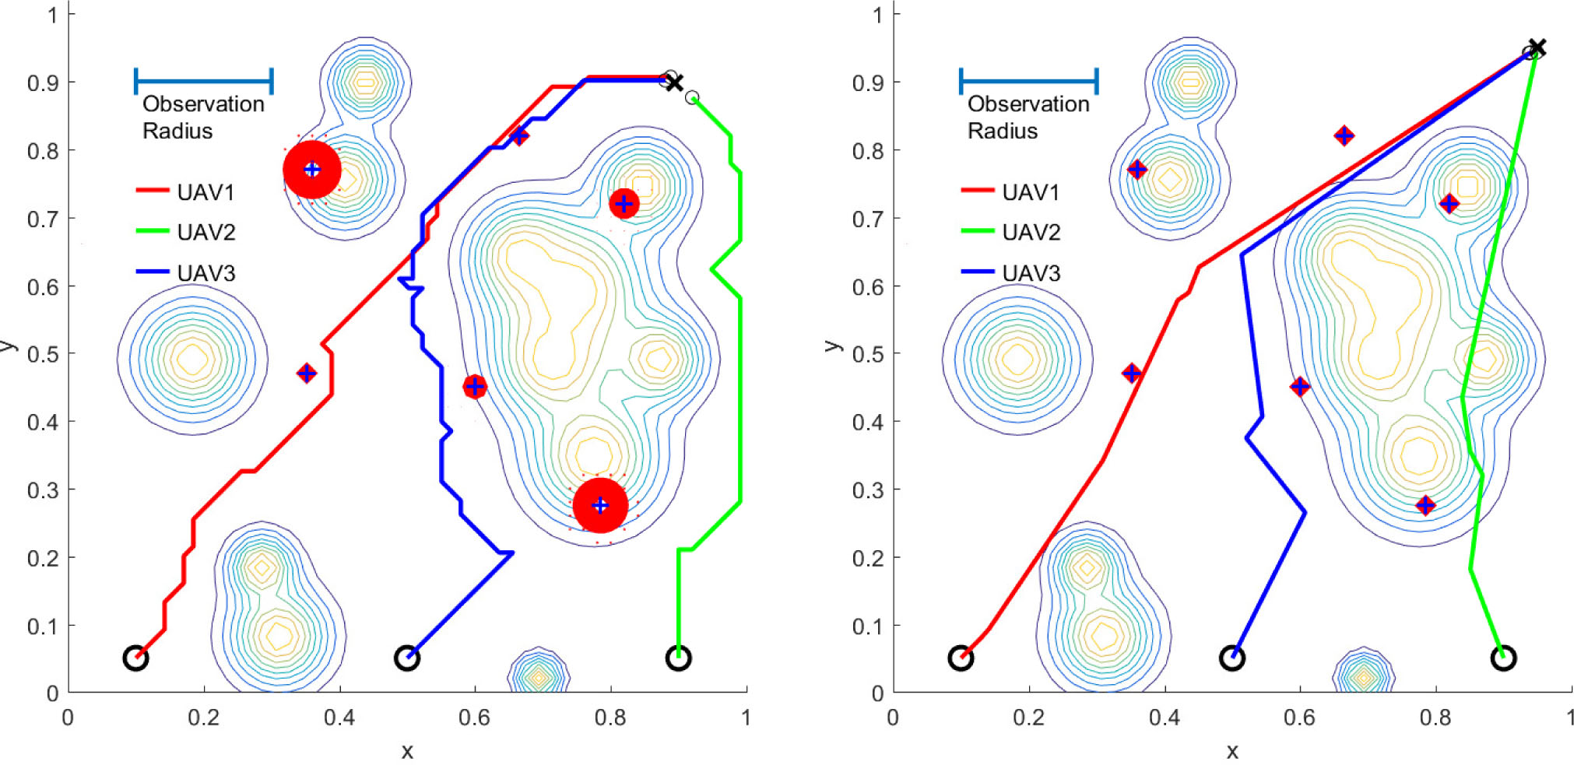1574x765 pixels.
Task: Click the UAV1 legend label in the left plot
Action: (205, 192)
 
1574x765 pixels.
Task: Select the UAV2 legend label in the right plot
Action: (1031, 232)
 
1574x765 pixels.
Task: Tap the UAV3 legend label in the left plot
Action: (206, 273)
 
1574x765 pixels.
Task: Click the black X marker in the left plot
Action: (675, 82)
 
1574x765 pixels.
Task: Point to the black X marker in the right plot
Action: (1537, 48)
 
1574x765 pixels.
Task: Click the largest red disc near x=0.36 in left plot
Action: (312, 170)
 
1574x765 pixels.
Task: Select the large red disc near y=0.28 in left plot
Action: (600, 505)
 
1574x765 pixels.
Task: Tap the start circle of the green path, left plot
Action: (679, 658)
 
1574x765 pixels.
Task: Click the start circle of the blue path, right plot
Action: (1231, 658)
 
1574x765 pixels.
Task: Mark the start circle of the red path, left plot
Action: (135, 658)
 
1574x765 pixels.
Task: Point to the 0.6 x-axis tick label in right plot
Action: (1299, 718)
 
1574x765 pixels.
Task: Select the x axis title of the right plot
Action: (1231, 752)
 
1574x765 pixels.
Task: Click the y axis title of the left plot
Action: (8, 346)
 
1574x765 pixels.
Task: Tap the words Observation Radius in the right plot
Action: (1028, 118)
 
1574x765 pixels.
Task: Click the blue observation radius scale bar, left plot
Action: (203, 80)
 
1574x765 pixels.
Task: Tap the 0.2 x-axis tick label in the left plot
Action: (203, 718)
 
